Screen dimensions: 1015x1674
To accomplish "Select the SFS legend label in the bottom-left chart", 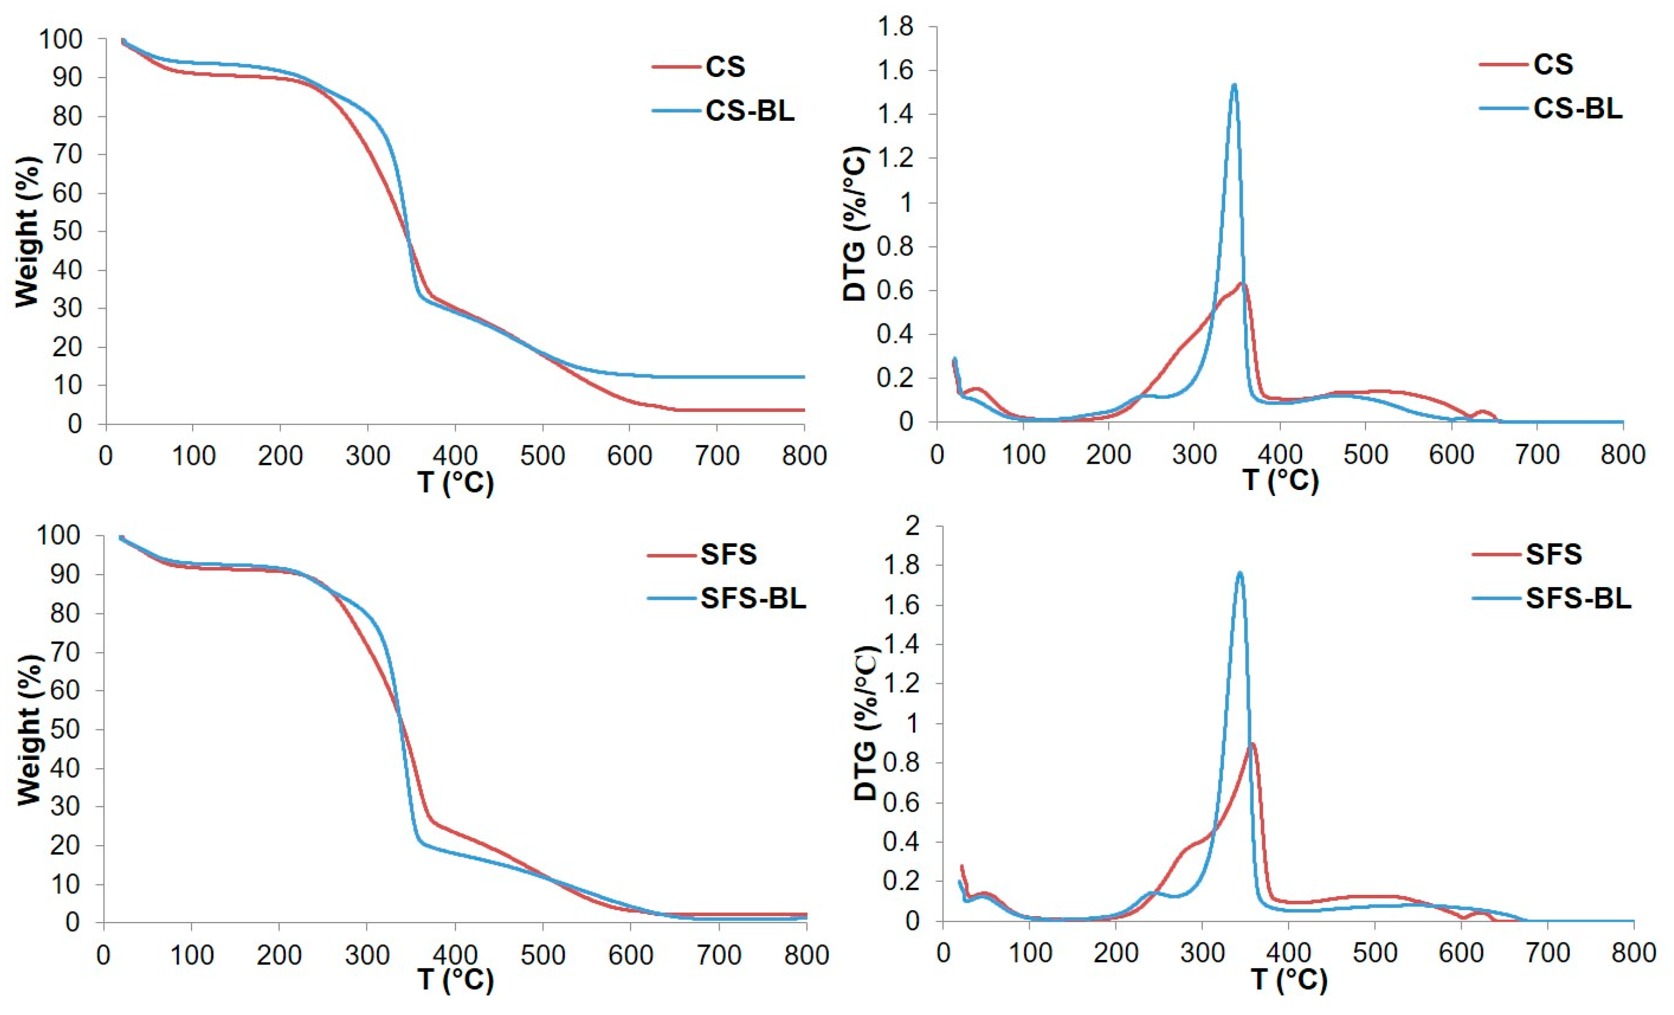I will coord(728,554).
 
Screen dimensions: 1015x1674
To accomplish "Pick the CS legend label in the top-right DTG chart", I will coord(1553,64).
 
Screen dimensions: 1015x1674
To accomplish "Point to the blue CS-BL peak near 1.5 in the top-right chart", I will coord(1234,86).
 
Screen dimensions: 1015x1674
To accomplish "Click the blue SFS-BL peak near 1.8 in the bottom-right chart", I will coord(1240,573).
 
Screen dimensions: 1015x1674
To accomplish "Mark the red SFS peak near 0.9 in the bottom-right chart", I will coord(1252,743).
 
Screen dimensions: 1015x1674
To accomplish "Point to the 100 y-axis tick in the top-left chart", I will coord(61,39).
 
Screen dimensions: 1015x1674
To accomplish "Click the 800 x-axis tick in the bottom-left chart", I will coord(806,955).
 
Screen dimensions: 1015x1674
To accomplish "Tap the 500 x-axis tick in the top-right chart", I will coord(1365,454).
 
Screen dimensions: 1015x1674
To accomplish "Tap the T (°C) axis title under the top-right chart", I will coord(1281,481).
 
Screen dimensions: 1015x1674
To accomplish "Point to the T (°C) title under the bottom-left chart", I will coord(455,979).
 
